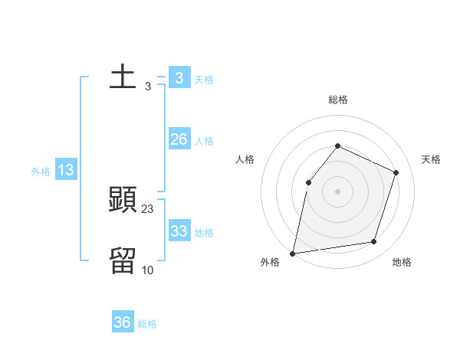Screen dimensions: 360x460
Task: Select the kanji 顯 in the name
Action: [x=123, y=200]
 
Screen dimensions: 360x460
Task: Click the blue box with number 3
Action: [x=179, y=77]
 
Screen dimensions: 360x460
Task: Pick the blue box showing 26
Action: [x=179, y=139]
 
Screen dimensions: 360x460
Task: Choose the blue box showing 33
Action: [x=179, y=231]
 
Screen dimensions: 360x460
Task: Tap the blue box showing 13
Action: [x=66, y=170]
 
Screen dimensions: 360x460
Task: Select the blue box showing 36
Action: [x=123, y=322]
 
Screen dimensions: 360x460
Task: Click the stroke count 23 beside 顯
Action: [x=148, y=208]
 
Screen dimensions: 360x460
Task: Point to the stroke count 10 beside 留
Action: [x=148, y=270]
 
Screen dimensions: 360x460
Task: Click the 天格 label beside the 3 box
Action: [x=204, y=80]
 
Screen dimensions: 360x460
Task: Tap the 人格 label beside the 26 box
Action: [x=204, y=141]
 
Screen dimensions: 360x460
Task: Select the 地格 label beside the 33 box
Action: [x=204, y=233]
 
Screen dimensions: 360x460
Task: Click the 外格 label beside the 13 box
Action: [x=41, y=172]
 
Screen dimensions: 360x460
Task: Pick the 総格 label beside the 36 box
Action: [x=147, y=325]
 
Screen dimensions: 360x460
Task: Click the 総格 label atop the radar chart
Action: [x=337, y=100]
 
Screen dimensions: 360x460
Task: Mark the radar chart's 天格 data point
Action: [x=396, y=172]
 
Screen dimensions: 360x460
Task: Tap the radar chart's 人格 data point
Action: [x=308, y=182]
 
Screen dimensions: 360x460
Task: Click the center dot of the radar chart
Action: [x=337, y=191]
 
